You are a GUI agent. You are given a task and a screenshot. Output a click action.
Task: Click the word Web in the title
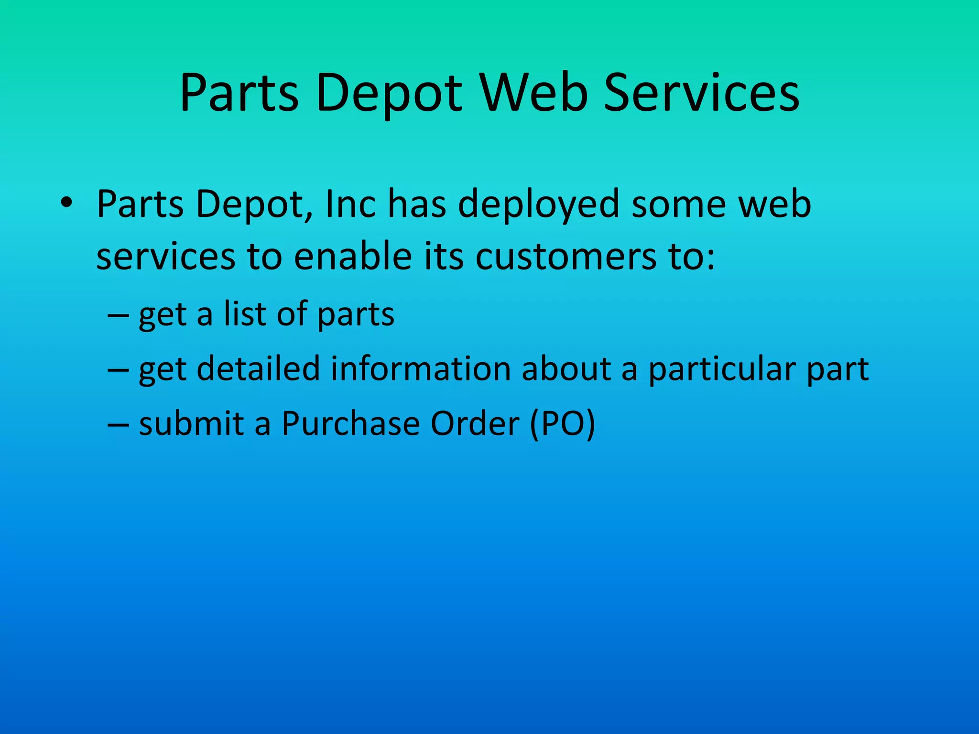point(534,93)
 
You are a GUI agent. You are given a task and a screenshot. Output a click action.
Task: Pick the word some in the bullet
point(677,205)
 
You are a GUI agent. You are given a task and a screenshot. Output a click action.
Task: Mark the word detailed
point(258,368)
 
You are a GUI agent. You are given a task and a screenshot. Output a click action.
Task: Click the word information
point(421,368)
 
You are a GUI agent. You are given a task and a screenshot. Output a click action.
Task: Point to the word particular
point(721,369)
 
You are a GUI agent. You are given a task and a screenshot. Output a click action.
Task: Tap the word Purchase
point(351,423)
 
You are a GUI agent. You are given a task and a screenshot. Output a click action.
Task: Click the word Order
point(475,423)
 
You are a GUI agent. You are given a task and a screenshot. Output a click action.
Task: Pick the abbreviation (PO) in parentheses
point(563,424)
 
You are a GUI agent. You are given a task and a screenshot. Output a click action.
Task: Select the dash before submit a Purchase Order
point(118,424)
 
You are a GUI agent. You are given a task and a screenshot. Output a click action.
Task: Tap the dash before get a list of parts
point(118,315)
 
